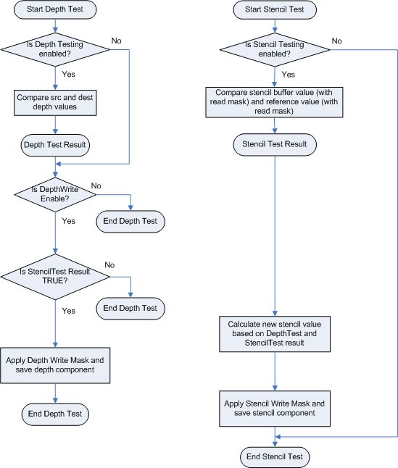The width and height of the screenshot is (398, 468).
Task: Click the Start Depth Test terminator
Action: [55, 9]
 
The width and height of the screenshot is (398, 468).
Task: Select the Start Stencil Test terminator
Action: [275, 9]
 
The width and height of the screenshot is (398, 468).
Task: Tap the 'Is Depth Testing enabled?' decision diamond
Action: [55, 49]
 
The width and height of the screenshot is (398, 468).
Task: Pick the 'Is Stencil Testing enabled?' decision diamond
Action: [275, 49]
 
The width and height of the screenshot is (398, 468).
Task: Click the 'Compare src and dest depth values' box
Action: [55, 103]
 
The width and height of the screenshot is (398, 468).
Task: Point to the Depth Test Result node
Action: [55, 145]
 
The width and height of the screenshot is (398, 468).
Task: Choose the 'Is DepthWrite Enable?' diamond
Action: [55, 195]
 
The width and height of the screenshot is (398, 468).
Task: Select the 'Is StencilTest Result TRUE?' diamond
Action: [55, 277]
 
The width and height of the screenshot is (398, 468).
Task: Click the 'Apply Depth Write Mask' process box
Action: [55, 365]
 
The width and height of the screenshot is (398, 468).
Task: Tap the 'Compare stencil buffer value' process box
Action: [274, 102]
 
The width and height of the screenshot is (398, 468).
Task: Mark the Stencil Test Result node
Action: [275, 144]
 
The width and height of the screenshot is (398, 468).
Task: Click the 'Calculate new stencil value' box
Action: [275, 334]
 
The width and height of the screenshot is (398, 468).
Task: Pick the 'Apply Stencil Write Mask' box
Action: [275, 409]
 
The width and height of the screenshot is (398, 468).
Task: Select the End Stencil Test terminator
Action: [275, 457]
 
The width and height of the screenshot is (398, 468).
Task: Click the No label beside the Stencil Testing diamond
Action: [337, 41]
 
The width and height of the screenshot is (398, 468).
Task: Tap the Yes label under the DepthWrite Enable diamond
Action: [69, 221]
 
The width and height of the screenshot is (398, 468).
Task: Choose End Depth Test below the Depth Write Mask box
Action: [55, 414]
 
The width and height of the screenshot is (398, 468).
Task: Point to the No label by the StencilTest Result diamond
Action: [109, 265]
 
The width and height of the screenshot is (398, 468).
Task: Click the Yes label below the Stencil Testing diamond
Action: [289, 75]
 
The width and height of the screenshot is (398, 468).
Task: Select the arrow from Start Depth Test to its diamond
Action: [55, 25]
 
